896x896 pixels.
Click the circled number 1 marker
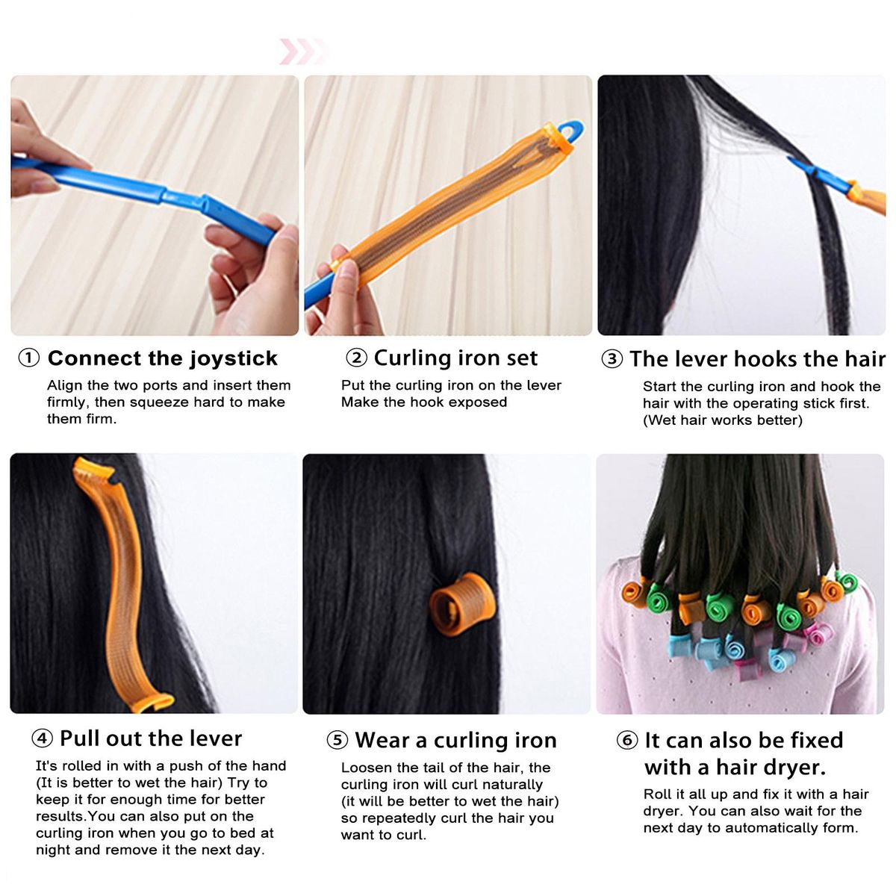tap(29, 358)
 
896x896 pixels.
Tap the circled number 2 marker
tap(356, 358)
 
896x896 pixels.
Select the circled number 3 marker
tap(612, 359)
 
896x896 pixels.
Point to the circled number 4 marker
tap(42, 738)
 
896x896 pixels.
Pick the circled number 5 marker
tap(337, 740)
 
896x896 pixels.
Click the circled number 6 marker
tap(626, 740)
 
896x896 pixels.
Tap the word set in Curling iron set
tap(522, 358)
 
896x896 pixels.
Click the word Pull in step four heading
tap(78, 738)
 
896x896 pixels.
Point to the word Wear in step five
tap(383, 740)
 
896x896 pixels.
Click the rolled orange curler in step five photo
tap(461, 604)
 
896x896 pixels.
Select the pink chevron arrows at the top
tap(303, 52)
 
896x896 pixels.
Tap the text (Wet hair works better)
tap(723, 420)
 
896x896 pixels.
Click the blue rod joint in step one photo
tap(184, 198)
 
